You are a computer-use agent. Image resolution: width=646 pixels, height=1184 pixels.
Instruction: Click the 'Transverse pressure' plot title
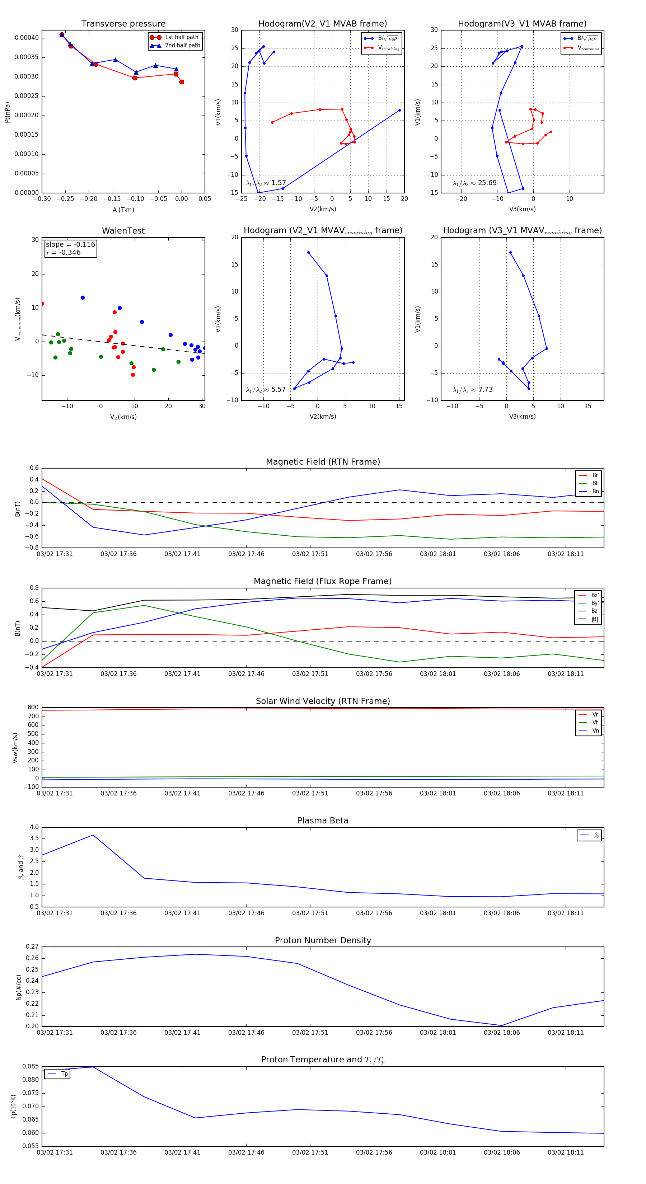123,24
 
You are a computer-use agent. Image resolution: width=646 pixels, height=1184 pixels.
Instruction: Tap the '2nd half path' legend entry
182,46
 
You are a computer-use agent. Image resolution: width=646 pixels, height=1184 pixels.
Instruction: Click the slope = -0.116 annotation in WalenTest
70,245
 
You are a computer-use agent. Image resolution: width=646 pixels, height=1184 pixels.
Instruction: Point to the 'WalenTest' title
123,231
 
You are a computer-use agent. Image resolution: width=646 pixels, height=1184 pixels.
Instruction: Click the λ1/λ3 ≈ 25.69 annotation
474,183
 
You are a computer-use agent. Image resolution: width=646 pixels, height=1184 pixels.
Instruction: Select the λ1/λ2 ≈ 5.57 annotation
266,390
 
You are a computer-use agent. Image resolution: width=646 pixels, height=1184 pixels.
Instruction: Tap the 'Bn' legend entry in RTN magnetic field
595,491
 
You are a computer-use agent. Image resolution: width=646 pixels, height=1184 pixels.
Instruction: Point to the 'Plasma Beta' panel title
323,821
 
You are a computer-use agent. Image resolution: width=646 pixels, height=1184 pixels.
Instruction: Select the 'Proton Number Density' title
323,940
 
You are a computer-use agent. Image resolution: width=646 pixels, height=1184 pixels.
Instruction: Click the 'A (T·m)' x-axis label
123,210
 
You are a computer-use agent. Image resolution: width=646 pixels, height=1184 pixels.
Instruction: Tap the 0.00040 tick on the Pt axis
27,38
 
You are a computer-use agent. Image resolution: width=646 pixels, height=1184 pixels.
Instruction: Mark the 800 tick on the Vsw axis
33,708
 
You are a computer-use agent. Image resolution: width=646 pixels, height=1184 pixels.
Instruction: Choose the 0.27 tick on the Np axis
32,947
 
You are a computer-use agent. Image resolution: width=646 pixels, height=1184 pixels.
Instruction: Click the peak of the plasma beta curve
93,835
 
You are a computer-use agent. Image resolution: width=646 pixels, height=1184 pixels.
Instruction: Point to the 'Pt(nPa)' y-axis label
7,112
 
